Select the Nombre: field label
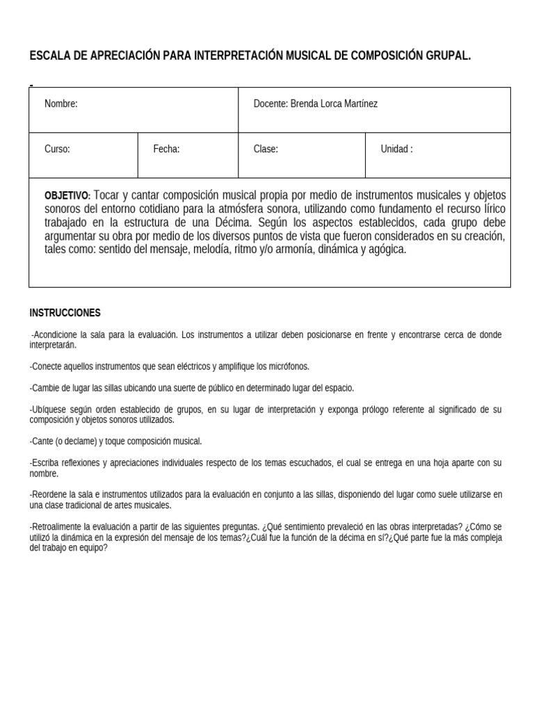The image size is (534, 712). click(61, 104)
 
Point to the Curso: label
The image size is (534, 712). click(57, 149)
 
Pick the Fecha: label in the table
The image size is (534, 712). click(167, 149)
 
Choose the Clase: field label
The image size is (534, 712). click(266, 149)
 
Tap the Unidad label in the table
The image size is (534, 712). click(395, 149)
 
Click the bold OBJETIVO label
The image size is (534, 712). click(67, 195)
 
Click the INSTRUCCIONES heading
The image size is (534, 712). click(65, 313)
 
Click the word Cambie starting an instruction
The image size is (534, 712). click(44, 388)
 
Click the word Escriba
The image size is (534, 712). click(46, 463)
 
